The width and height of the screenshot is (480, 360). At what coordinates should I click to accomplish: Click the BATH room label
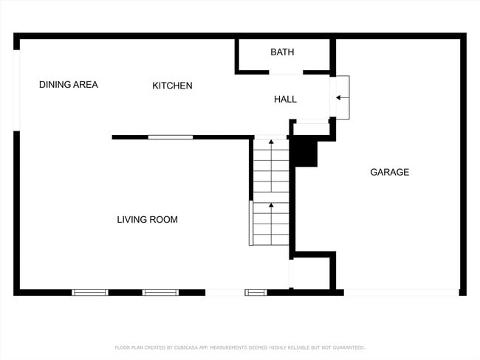282,52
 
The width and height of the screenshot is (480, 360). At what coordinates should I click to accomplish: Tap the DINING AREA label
68,85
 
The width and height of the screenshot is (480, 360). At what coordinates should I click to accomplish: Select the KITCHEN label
172,86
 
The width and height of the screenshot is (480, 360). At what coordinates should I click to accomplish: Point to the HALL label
285,99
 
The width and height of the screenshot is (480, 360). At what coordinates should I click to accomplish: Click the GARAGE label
389,172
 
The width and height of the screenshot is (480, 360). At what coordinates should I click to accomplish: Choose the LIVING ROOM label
147,220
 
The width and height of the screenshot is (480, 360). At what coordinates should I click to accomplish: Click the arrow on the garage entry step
340,97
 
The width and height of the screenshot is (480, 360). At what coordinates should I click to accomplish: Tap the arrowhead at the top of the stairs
271,142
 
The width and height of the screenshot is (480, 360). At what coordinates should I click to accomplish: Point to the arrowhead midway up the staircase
271,205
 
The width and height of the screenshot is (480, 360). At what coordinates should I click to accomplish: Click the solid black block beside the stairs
304,152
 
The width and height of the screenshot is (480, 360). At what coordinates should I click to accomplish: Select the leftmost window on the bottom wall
90,293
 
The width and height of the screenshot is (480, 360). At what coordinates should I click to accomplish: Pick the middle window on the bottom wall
160,293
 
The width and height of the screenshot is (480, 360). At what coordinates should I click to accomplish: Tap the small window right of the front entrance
256,293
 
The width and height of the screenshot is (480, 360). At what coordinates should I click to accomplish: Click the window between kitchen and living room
171,137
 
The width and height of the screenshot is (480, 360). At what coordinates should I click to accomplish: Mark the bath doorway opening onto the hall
286,73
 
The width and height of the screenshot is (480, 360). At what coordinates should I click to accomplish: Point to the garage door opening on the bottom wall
402,293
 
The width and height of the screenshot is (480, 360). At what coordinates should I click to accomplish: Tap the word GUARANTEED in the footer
346,347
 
